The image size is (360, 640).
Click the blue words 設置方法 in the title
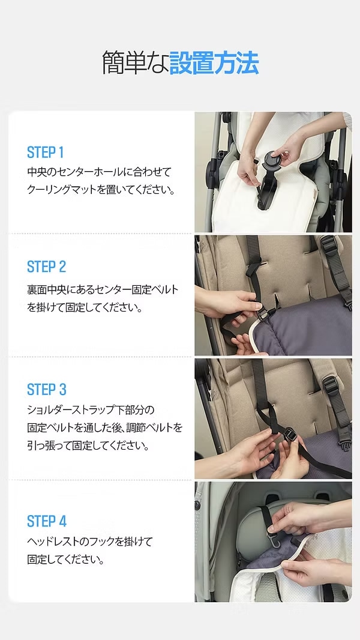coord(214,62)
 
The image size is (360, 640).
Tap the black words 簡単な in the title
coord(135,62)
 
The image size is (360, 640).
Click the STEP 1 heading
coord(45,152)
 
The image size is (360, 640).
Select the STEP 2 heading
coord(46,267)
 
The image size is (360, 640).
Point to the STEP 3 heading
coord(46,390)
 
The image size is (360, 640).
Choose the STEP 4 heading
coord(46,521)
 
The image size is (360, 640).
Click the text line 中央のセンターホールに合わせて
coord(99,172)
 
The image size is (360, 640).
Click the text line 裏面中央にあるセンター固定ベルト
coord(103,290)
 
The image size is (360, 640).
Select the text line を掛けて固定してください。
coord(85,308)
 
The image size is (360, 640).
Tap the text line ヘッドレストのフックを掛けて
coord(89,541)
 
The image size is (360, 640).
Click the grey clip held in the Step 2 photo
coord(262,314)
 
